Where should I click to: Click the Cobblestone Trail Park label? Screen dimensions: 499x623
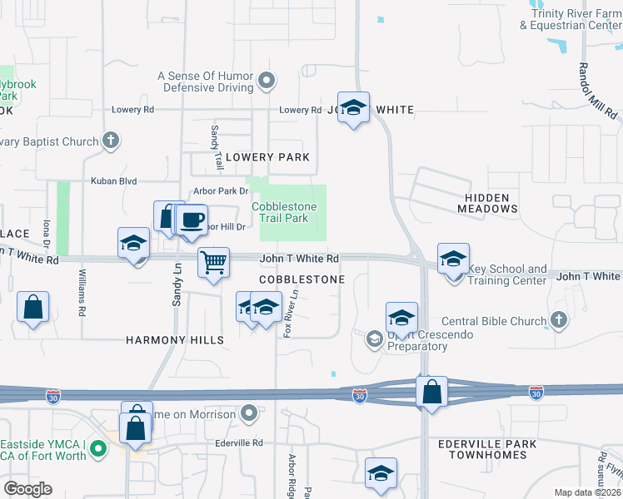pyautogui.click(x=280, y=212)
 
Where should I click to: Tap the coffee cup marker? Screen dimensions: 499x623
pyautogui.click(x=192, y=220)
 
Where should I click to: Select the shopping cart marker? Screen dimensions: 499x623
pyautogui.click(x=214, y=263)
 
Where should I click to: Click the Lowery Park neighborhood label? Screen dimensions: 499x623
pyautogui.click(x=267, y=157)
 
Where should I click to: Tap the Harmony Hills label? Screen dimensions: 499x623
pyautogui.click(x=175, y=340)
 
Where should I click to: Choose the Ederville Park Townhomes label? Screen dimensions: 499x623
pyautogui.click(x=487, y=451)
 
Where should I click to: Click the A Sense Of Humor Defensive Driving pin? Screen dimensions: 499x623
pyautogui.click(x=267, y=81)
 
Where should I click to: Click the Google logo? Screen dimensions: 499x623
pyautogui.click(x=27, y=489)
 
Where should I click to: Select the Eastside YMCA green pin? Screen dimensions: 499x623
pyautogui.click(x=98, y=452)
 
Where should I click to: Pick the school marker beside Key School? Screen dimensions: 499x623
pyautogui.click(x=452, y=259)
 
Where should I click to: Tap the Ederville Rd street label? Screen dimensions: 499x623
pyautogui.click(x=240, y=443)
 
